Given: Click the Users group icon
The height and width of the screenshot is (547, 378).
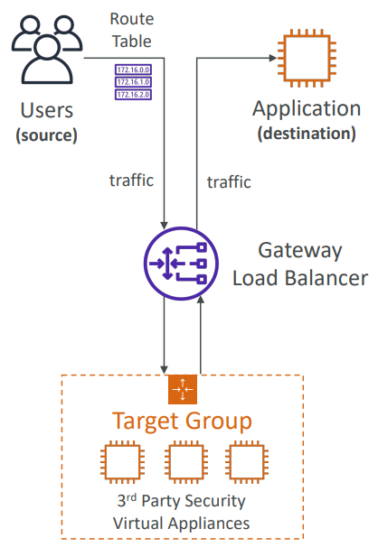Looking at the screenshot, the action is [x=47, y=49].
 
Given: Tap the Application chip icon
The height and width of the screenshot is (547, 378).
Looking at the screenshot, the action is [x=307, y=58].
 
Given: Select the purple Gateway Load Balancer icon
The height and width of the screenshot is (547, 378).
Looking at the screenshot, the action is [x=181, y=264].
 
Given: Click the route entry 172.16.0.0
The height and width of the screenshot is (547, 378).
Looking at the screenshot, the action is [x=133, y=70].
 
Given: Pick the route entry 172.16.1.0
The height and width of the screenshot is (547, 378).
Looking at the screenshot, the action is [x=133, y=82].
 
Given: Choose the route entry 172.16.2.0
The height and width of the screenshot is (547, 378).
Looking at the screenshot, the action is [x=133, y=95].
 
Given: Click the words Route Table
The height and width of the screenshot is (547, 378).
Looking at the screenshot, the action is [x=132, y=30].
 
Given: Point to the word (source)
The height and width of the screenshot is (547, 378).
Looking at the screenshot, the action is [x=46, y=135].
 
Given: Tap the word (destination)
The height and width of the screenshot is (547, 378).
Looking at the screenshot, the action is [x=307, y=134].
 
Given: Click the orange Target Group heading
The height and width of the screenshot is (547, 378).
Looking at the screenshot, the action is [x=182, y=421].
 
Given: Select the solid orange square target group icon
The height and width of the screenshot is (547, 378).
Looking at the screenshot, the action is [x=183, y=389].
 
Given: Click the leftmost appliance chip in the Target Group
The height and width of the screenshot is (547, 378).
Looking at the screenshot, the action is [x=122, y=462].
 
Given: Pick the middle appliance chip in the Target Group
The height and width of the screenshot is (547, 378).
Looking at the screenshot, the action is [x=186, y=462].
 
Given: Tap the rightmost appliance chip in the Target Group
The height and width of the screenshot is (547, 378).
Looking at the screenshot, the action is [x=247, y=462].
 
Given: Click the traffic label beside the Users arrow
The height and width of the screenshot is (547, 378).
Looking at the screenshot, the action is [x=132, y=181].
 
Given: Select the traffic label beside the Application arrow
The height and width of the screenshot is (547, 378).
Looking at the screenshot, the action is [x=229, y=182].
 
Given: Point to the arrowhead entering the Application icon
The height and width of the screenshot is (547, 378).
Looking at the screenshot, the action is [x=272, y=58].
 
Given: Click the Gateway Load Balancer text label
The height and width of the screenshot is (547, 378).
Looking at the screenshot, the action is [x=300, y=264].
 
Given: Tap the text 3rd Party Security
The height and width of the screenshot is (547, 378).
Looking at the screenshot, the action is [x=182, y=501].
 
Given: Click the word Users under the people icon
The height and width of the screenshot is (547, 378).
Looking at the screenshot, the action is [x=47, y=110].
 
